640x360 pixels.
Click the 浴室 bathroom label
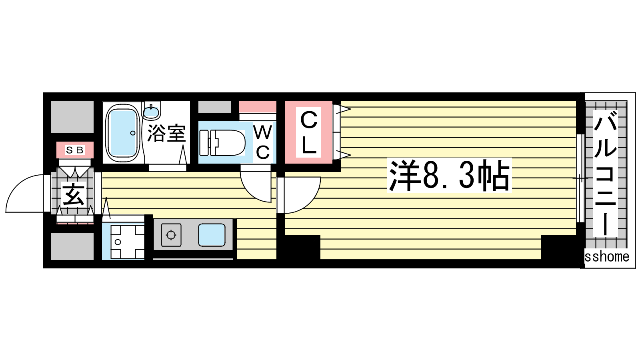tap(166, 134)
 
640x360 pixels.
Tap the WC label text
tap(262, 142)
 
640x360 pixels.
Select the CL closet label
tap(308, 132)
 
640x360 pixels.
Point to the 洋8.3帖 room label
tap(449, 175)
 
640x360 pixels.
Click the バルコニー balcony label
tap(605, 173)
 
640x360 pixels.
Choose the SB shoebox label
tap(75, 150)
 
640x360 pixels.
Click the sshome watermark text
tap(607, 256)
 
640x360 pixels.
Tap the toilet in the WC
tap(222, 143)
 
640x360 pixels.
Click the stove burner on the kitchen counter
tap(171, 235)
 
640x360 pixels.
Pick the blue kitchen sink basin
tap(212, 235)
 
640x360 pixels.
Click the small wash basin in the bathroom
tap(152, 111)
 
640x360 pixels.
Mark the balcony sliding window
tap(580, 178)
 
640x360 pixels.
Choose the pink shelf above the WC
tap(258, 107)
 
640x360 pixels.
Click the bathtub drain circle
tap(133, 133)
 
